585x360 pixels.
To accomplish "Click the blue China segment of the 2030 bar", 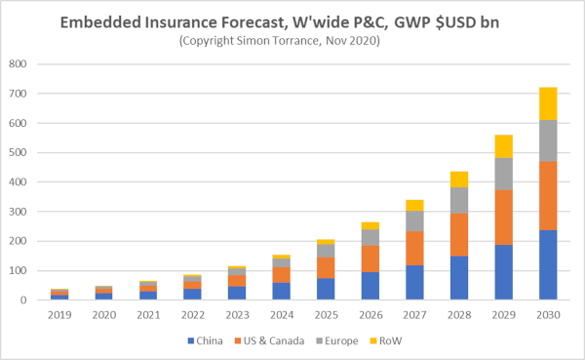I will [x=548, y=264].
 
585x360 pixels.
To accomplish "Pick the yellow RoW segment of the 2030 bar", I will [x=548, y=103].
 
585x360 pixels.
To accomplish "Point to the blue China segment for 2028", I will [x=458, y=278].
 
